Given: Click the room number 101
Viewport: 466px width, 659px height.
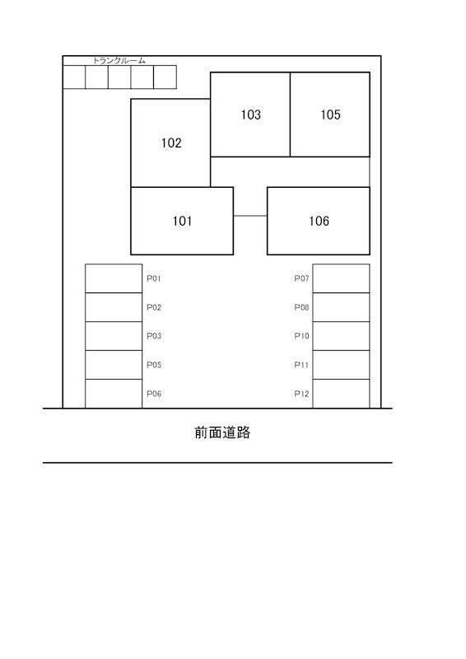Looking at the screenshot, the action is point(182,221).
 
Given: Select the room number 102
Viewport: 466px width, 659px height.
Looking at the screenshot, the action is point(171,143).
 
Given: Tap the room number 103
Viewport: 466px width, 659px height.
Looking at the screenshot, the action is point(250,115).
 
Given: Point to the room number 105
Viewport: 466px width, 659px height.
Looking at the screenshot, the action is point(330,115).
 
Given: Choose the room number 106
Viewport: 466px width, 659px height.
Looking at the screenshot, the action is point(319,221).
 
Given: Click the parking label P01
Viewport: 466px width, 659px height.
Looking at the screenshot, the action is point(154,278).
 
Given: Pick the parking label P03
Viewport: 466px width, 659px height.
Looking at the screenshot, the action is point(154,336).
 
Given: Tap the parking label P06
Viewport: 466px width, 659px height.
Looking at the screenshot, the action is point(154,394).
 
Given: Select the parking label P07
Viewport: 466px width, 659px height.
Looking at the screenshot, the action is point(301,278).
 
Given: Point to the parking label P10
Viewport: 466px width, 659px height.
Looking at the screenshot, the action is point(301,336).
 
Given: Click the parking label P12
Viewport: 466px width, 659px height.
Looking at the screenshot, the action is point(301,394).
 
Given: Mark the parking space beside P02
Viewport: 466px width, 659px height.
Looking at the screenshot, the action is point(114,307).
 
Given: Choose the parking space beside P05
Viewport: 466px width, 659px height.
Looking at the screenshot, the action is point(114,365).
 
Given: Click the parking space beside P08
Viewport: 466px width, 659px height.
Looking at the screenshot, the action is point(341,307).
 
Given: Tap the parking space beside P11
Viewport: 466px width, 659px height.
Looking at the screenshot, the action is point(341,365).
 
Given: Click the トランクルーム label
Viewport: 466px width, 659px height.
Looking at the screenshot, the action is point(119,60).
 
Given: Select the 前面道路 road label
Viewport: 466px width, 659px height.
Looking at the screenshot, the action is point(222,432).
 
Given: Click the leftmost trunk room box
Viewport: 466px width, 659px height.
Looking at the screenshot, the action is point(74,77).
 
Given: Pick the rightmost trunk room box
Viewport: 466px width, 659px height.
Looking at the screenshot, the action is point(165,77).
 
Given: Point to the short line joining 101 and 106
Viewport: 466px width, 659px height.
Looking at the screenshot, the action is point(250,216).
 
